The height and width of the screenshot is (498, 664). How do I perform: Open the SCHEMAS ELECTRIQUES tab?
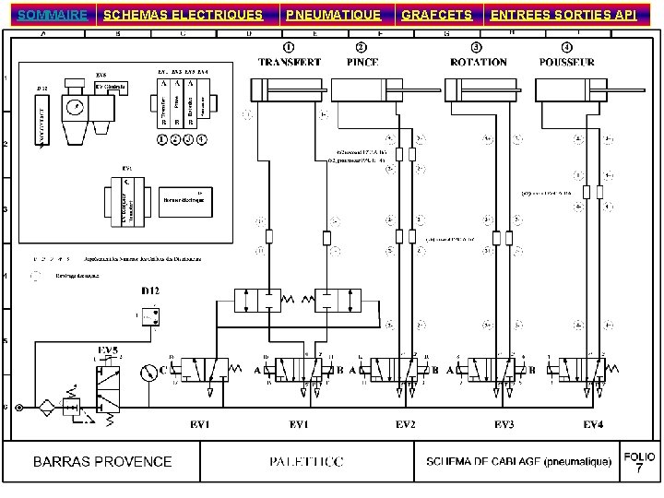pyautogui.click(x=183, y=15)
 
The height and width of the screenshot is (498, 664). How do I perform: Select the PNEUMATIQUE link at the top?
pyautogui.click(x=333, y=15)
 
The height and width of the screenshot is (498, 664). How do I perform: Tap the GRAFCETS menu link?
pyautogui.click(x=436, y=15)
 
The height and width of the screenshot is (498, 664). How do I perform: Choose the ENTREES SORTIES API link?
pyautogui.click(x=563, y=15)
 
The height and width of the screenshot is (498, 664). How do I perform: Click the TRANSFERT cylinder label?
pyautogui.click(x=290, y=63)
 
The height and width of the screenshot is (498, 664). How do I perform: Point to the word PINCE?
pyautogui.click(x=362, y=63)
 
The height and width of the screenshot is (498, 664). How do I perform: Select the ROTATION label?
pyautogui.click(x=478, y=63)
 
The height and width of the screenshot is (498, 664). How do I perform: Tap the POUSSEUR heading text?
pyautogui.click(x=566, y=63)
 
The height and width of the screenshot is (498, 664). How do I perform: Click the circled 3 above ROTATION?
pyautogui.click(x=476, y=47)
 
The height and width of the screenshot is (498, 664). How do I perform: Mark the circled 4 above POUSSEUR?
pyautogui.click(x=566, y=47)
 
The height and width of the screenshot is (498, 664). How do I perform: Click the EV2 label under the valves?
pyautogui.click(x=404, y=424)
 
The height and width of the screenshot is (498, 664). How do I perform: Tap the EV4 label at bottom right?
pyautogui.click(x=594, y=424)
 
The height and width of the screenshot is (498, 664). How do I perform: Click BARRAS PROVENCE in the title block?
pyautogui.click(x=102, y=461)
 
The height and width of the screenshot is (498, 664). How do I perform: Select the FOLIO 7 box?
pyautogui.click(x=639, y=463)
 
